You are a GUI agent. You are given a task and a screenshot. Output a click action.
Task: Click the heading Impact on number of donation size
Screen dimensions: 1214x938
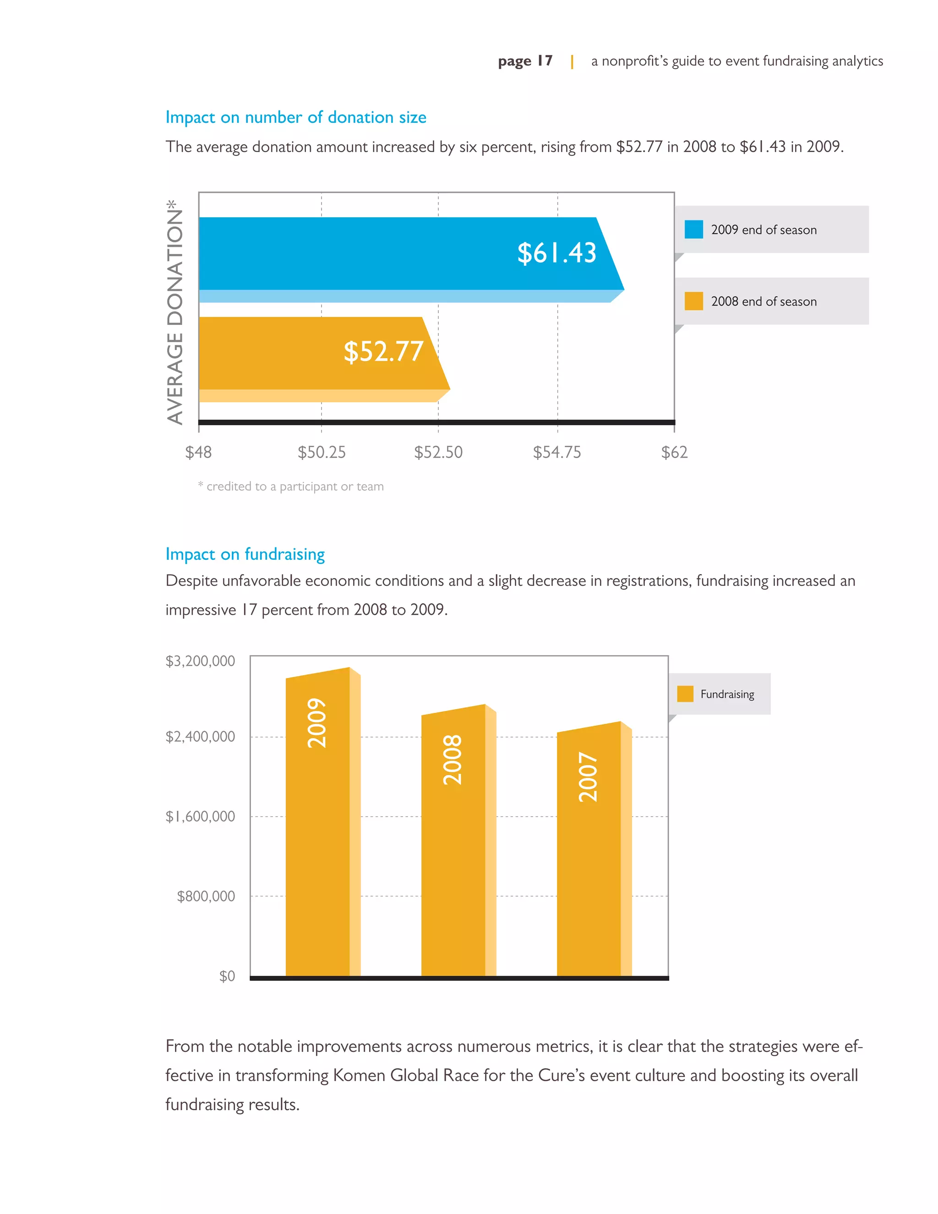tap(295, 117)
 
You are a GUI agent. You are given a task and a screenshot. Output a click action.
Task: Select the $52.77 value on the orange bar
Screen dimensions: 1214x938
tap(383, 352)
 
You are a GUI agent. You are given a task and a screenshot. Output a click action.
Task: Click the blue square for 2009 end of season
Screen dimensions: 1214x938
tap(693, 230)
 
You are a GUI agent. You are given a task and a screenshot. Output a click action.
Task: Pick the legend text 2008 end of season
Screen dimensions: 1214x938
tap(763, 301)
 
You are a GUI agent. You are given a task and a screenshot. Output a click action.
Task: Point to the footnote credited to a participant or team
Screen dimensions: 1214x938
tap(291, 487)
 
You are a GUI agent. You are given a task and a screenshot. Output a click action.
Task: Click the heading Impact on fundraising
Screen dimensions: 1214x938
tap(245, 554)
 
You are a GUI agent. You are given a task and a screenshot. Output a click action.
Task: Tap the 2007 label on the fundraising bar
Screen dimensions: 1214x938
tap(588, 777)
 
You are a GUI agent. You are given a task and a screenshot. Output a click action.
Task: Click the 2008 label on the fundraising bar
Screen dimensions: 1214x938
tap(453, 760)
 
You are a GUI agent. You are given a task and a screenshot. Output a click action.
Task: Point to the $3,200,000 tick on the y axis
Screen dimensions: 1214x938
tap(200, 661)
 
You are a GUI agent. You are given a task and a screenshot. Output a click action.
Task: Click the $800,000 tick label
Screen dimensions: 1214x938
tap(206, 896)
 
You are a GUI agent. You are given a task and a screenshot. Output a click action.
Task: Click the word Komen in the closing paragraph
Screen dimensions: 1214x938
tap(359, 1075)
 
